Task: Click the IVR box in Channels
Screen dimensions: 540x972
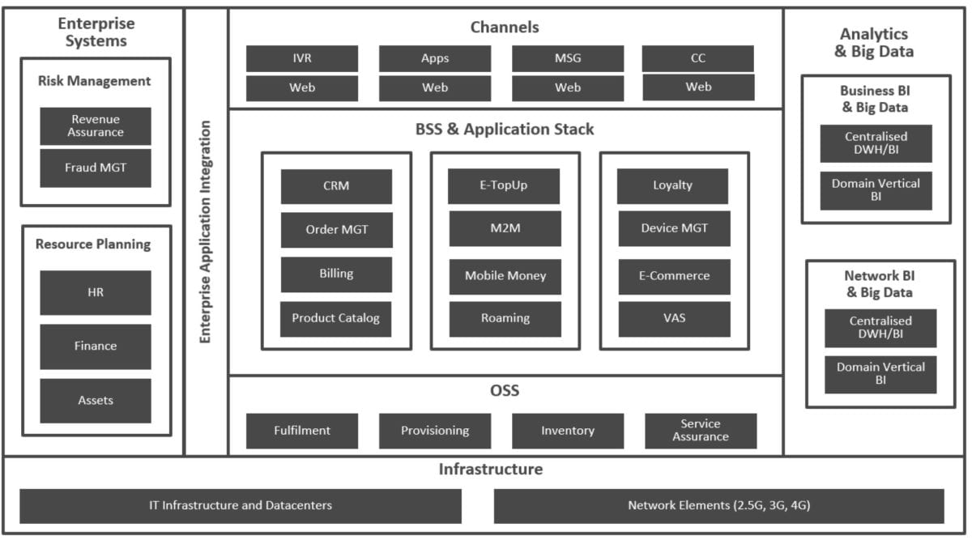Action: point(301,58)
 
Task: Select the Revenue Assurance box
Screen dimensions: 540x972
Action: point(96,125)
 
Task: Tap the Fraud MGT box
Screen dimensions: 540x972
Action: point(96,168)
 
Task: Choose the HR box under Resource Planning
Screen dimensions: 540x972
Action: point(96,292)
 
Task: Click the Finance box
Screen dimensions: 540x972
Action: point(96,346)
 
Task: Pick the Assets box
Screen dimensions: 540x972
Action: point(96,400)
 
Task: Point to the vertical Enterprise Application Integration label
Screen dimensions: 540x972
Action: point(206,232)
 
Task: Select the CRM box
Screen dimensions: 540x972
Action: point(336,186)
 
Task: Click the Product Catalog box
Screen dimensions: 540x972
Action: point(336,318)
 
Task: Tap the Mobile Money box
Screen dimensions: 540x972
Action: point(505,276)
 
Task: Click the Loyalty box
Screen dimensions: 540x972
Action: point(672,185)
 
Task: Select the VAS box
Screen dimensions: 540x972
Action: point(674,318)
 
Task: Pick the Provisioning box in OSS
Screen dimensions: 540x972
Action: point(435,431)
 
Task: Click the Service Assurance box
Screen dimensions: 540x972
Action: point(701,431)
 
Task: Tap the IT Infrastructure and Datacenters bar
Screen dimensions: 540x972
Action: point(241,505)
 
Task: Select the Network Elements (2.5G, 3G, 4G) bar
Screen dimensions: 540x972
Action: point(718,505)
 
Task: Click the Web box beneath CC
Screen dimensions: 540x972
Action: point(698,87)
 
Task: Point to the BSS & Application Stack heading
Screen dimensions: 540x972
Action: point(505,130)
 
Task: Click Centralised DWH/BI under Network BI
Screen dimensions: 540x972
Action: point(880,328)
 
